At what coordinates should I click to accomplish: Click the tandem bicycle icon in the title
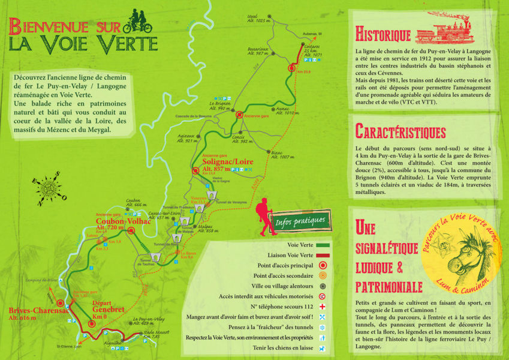pos(137,23)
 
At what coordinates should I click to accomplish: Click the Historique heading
pos(382,33)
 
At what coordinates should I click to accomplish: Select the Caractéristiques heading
pos(400,131)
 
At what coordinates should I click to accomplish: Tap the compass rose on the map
pos(48,187)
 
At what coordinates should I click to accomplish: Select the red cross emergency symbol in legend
pos(323,306)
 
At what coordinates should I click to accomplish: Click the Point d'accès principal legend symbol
pos(323,265)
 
